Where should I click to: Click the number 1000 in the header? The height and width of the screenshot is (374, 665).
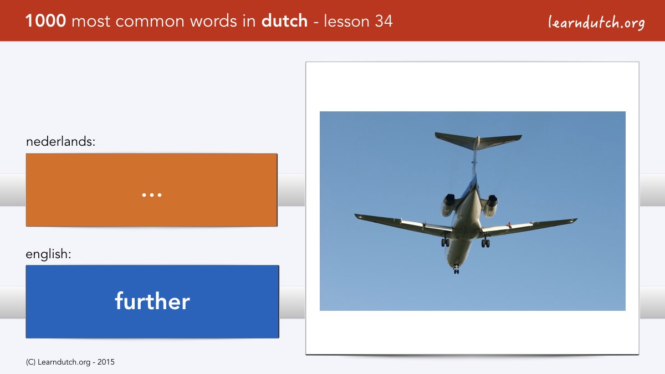click(45, 21)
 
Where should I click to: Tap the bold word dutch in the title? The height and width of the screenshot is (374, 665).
click(284, 21)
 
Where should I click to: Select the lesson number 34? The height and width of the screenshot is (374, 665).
click(383, 21)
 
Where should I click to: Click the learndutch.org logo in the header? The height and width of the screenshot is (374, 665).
click(596, 22)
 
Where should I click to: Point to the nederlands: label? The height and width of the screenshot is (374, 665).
click(60, 141)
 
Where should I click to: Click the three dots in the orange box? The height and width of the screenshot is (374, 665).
click(152, 195)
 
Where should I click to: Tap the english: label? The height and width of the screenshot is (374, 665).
click(48, 254)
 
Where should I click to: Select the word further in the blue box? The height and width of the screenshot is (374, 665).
click(152, 301)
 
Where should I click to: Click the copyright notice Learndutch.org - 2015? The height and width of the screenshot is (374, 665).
click(70, 362)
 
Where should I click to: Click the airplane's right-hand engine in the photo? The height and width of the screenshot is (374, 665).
click(490, 206)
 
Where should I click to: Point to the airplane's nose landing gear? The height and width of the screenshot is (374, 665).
click(456, 269)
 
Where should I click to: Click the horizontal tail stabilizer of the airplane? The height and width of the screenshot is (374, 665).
click(478, 141)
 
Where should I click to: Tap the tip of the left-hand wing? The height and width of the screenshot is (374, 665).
click(355, 214)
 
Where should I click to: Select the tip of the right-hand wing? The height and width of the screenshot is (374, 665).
click(576, 219)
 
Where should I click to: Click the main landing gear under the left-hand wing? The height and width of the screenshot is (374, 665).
click(445, 242)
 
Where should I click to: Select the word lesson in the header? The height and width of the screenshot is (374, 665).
click(346, 21)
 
